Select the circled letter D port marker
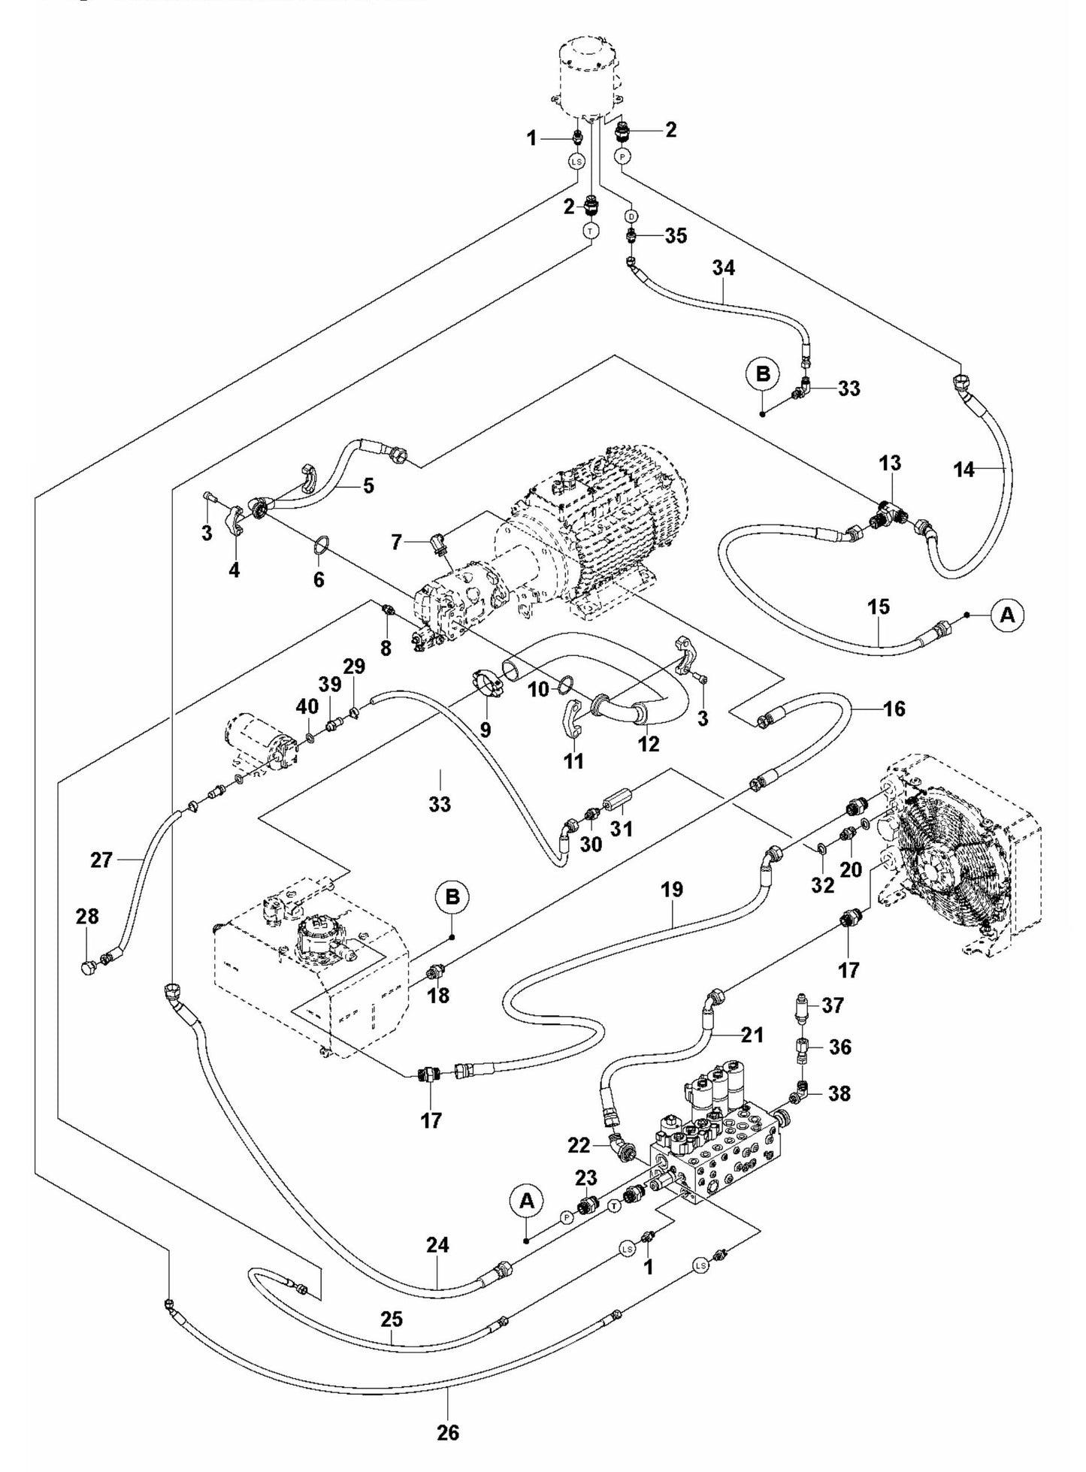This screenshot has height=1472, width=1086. click(631, 216)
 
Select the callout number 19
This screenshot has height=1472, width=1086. click(672, 890)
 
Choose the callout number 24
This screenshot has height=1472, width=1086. click(437, 1245)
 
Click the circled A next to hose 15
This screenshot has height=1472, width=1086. click(1007, 615)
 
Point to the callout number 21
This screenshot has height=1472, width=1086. click(752, 1035)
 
